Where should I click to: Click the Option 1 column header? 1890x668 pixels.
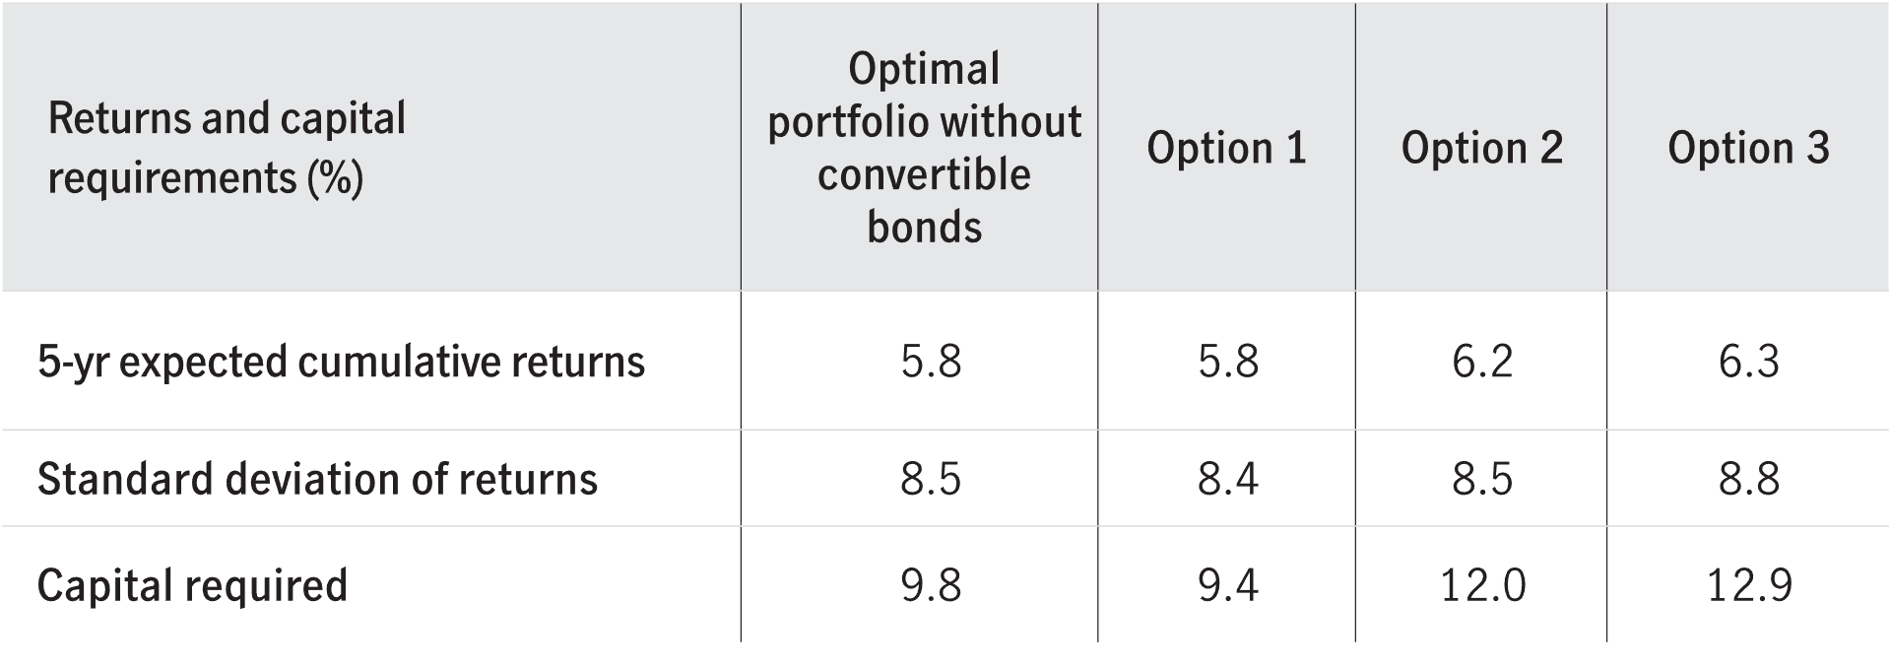coord(1226,149)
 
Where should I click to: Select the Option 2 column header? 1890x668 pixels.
coord(1481,149)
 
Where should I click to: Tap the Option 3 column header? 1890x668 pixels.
coord(1748,149)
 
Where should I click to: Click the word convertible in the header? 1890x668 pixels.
coord(924,175)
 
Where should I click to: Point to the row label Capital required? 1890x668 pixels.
coord(192,585)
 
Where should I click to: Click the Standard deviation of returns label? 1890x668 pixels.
coord(317,480)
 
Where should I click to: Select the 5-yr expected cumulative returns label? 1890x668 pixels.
coord(341,363)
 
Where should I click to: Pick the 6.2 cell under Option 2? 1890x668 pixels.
coord(1481,363)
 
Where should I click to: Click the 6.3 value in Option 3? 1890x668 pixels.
coord(1748,363)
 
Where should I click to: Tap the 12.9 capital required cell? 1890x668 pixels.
coord(1748,586)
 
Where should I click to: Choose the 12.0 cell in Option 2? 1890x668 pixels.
coord(1481,586)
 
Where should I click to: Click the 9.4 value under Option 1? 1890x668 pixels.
coord(1227,586)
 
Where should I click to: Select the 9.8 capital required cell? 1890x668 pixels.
coord(930,586)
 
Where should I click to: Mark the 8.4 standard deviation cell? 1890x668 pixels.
coord(1227,480)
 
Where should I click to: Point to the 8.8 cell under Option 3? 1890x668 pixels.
coord(1748,480)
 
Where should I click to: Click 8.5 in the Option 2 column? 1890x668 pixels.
coord(1481,480)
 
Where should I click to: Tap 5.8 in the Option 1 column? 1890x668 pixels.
coord(1227,363)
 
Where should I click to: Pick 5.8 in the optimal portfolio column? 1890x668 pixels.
coord(930,363)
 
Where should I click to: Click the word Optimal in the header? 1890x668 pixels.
coord(924,69)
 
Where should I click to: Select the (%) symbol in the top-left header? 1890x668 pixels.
coord(335,178)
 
